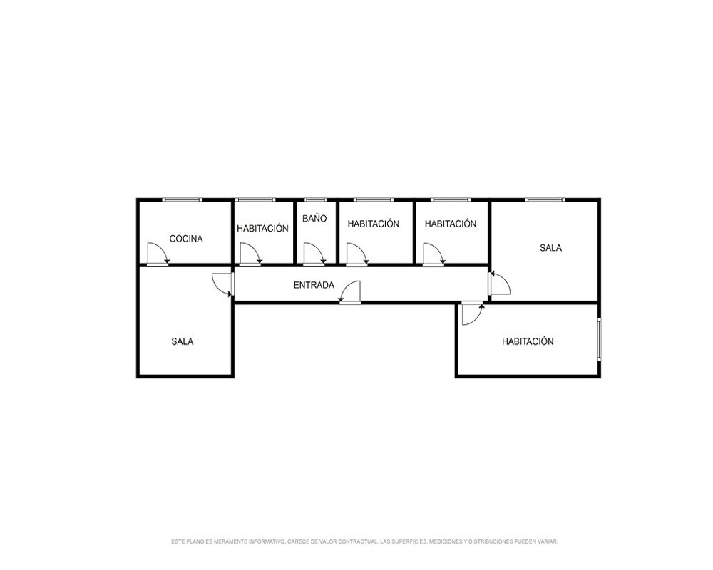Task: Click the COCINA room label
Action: click(x=186, y=239)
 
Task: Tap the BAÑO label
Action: click(x=314, y=218)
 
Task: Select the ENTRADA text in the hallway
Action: click(x=314, y=285)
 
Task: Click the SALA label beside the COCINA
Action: click(x=183, y=341)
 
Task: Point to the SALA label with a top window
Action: click(x=550, y=248)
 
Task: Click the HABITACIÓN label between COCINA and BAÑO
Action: click(x=263, y=228)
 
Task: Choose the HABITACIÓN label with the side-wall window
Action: click(x=528, y=341)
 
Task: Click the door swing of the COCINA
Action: click(x=158, y=254)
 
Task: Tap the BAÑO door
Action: click(x=314, y=254)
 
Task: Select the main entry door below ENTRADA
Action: click(x=349, y=292)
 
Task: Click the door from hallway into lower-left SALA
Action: click(x=222, y=284)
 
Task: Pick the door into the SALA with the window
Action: click(x=499, y=284)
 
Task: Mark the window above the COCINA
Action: click(x=183, y=199)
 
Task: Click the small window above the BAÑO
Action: click(x=315, y=199)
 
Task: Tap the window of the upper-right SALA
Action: click(x=545, y=199)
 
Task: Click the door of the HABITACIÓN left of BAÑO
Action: click(x=250, y=254)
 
